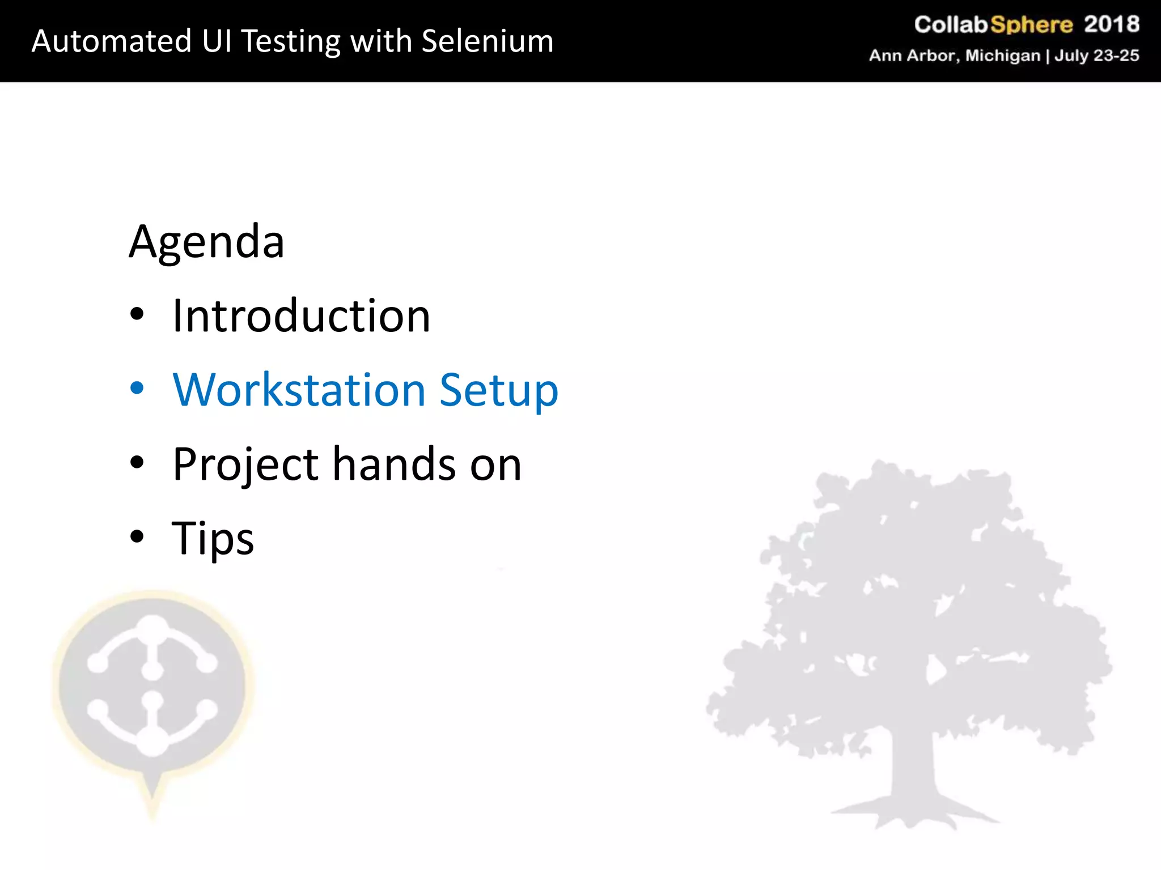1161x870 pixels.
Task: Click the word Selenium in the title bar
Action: coord(487,41)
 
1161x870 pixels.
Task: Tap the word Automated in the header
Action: coord(112,41)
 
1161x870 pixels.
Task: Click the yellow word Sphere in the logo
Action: coord(1031,25)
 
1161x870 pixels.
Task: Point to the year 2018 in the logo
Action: coord(1111,24)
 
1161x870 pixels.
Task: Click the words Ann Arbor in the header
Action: coord(912,56)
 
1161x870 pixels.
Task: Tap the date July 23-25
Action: coord(1096,56)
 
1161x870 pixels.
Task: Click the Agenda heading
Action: coord(206,242)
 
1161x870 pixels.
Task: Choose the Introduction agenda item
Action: coord(301,316)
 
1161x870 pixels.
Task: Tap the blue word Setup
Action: coord(499,391)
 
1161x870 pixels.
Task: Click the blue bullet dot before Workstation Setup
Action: coord(137,388)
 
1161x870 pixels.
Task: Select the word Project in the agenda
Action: coord(246,465)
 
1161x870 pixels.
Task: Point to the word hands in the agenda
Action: coord(395,464)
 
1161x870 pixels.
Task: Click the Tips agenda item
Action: coord(213,539)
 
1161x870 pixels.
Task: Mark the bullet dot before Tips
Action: coord(137,536)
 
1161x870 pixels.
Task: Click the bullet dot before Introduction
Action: coord(137,314)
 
